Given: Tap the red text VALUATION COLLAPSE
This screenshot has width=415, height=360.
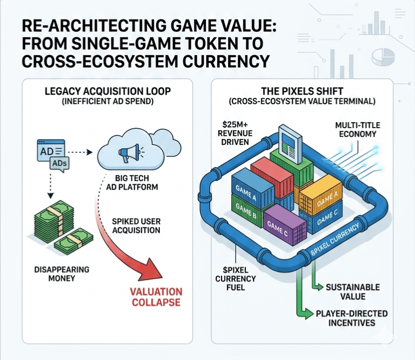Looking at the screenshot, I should click(156, 297).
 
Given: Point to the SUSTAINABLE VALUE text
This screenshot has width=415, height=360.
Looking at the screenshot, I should click(352, 291).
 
